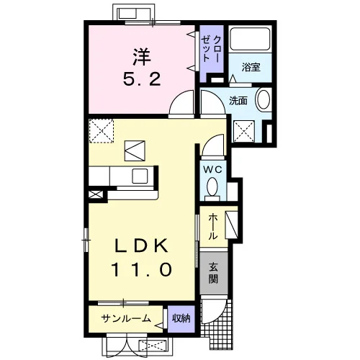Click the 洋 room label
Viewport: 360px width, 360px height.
pos(142,57)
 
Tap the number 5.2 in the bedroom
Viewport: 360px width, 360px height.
pos(142,79)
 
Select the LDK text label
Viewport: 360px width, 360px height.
pos(142,246)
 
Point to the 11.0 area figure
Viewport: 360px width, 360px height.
pos(142,269)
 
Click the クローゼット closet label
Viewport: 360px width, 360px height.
pos(210,49)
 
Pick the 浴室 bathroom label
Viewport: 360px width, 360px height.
pos(251,67)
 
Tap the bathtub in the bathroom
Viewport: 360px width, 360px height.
pos(250,38)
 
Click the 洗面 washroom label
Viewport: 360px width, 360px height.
pos(238,101)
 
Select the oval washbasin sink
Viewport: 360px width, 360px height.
pos(264,99)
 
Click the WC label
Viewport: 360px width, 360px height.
pos(212,170)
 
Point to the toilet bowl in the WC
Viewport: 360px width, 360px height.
pos(212,186)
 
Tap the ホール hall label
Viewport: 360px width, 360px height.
pos(212,227)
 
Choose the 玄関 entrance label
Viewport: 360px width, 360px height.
pos(213,273)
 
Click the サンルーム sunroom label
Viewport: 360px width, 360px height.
pos(126,318)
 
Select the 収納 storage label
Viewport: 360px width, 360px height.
pos(181,318)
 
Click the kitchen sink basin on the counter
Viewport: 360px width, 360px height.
pos(140,176)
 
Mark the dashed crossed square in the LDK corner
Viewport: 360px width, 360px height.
pos(101,131)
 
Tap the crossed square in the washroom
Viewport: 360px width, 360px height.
pos(244,132)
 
